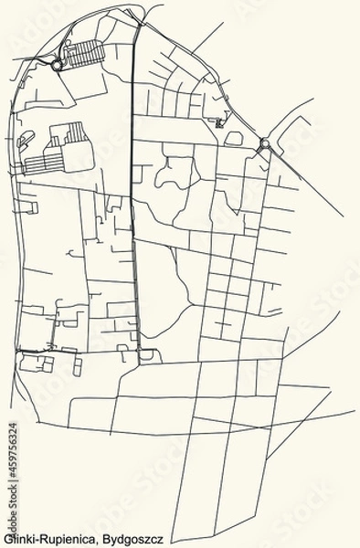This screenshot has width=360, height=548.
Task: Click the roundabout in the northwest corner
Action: coord(58,66)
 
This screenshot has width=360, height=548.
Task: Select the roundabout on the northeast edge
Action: coord(264,143)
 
